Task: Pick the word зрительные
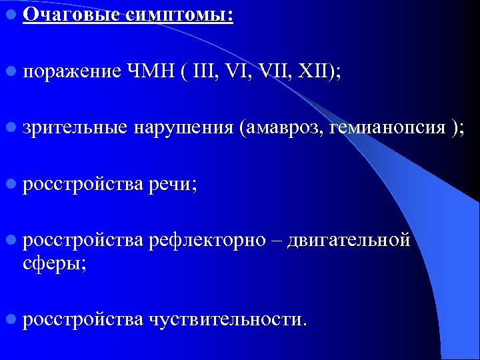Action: coord(73,127)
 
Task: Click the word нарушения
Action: coord(184,127)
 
